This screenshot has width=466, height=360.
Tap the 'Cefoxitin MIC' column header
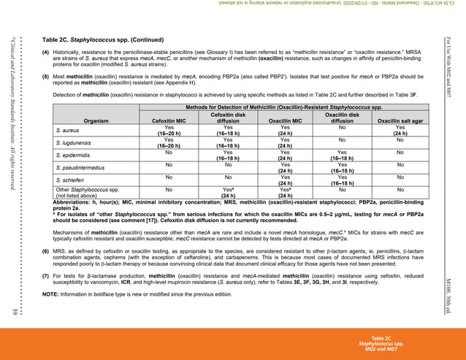[x=168, y=121]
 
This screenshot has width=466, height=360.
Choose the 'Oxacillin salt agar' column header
[x=400, y=121]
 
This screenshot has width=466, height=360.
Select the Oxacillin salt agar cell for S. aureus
[x=400, y=130]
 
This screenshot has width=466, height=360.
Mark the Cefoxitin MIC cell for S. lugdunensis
[x=168, y=142]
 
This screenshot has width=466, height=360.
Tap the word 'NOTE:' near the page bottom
[x=50, y=294]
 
